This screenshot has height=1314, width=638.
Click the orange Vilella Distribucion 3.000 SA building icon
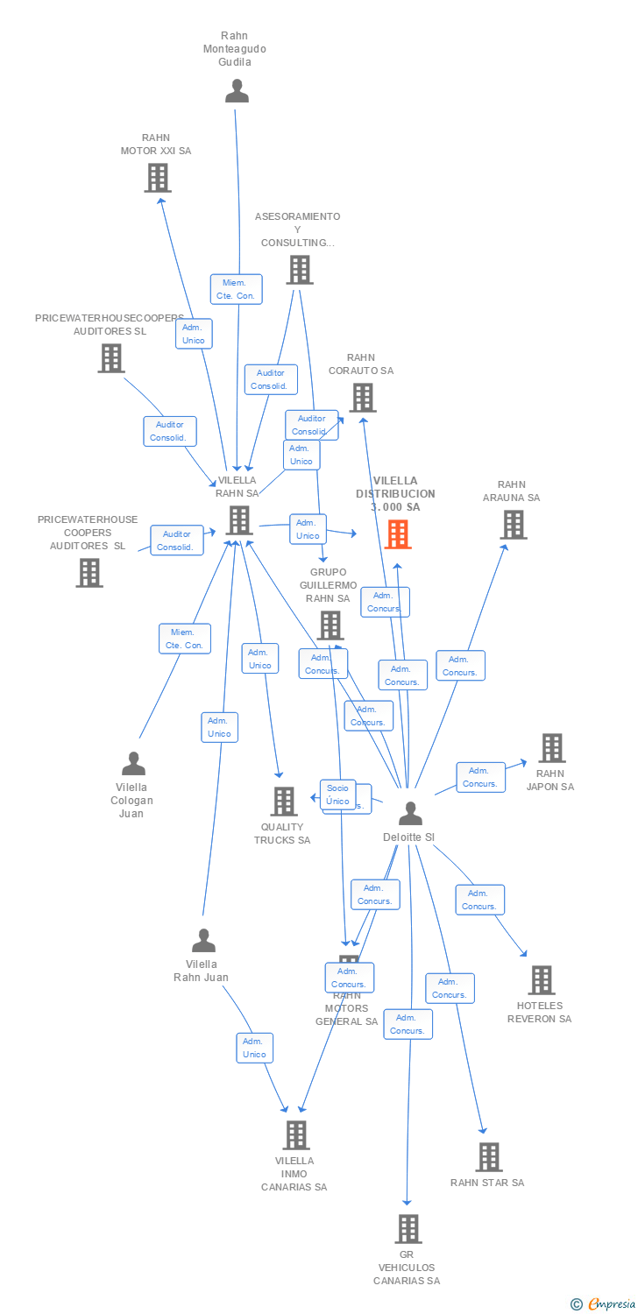pos(398,533)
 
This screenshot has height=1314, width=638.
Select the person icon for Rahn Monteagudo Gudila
pos(237,91)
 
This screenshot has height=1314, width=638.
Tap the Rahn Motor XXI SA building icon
pos(157,178)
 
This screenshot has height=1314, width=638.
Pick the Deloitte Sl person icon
pos(410,814)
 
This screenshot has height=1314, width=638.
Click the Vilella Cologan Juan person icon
pos(133,764)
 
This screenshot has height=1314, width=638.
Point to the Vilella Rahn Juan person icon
pos(203,941)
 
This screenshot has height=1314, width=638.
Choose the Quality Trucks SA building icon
pos(283,801)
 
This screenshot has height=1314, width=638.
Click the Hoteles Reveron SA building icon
pos(541,979)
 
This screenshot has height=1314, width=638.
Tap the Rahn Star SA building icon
pos(488,1156)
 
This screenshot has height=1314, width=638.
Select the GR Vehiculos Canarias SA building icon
pos(408,1228)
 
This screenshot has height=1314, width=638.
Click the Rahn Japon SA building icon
pos(551,747)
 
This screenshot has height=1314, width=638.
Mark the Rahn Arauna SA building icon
pos(513,524)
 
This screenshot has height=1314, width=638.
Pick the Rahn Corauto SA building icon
pos(362,397)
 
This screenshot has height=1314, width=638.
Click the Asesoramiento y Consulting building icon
pos(299,269)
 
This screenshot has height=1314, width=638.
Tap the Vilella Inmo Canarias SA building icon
pos(296,1134)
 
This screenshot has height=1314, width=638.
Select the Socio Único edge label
pos(337,794)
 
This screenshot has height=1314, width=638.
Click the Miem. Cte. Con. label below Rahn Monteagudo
pos(236,289)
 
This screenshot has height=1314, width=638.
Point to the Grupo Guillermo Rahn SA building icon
pos(330,625)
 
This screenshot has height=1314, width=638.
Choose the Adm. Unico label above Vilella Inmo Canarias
pos(254,1048)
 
